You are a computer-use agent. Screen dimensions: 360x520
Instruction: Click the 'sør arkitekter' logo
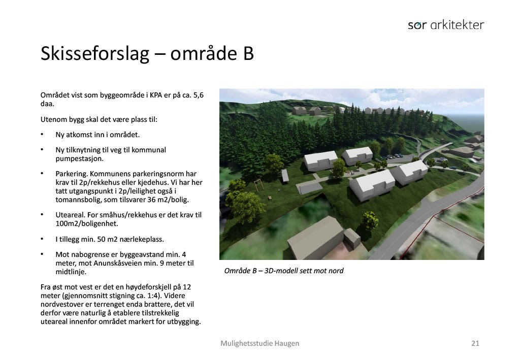point(445,25)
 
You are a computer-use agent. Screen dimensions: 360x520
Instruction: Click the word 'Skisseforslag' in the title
point(93,53)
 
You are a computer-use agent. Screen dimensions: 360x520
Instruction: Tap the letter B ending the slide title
point(248,53)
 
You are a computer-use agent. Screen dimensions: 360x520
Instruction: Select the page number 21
point(475,343)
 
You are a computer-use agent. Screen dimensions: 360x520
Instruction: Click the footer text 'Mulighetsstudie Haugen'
point(259,343)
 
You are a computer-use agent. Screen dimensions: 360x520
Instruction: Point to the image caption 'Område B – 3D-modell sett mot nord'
point(283,271)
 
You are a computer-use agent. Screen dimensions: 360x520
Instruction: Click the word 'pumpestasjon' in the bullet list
point(78,158)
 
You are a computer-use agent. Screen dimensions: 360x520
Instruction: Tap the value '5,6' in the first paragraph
point(198,95)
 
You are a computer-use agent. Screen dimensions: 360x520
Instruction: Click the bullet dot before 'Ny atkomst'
point(42,135)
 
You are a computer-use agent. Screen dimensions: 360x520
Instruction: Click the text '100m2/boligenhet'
point(86,223)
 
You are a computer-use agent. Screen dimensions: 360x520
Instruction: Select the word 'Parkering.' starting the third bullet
point(72,174)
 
